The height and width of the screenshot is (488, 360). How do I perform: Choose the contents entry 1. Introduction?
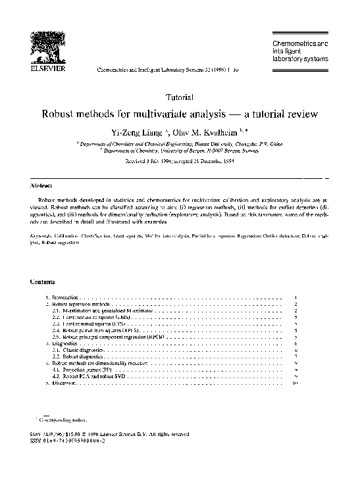click(61, 298)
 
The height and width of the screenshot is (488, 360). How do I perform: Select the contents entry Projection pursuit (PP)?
click(82, 370)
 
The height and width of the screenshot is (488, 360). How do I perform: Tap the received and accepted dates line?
click(180, 160)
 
